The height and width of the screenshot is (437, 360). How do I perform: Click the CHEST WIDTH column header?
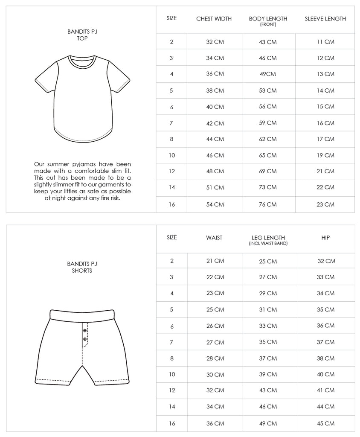coord(214,19)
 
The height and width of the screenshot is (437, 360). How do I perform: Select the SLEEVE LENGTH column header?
coord(325,19)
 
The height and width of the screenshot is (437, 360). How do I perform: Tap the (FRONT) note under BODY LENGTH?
coord(268,24)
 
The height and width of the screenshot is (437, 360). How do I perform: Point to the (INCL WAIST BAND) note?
coord(268,243)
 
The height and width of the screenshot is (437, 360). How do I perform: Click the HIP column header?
coord(325,238)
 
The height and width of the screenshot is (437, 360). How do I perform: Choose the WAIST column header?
coord(214,238)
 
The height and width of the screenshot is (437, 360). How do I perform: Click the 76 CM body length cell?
coord(268,204)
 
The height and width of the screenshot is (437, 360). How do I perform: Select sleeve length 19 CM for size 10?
coord(325,155)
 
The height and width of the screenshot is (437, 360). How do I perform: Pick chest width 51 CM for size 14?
coord(215,187)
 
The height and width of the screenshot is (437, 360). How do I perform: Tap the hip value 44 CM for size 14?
coord(326,407)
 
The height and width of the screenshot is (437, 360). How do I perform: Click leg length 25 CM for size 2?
coord(268,261)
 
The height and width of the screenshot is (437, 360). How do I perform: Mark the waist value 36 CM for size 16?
coord(215,423)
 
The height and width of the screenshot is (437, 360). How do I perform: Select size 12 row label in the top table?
coord(172,172)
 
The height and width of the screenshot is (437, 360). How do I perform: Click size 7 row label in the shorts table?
coord(172,342)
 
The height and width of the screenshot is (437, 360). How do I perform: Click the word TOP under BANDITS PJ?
coord(82,38)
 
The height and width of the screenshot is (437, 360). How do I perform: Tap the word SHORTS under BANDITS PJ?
coord(82,271)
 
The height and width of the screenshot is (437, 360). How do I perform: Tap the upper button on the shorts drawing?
coord(85,331)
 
